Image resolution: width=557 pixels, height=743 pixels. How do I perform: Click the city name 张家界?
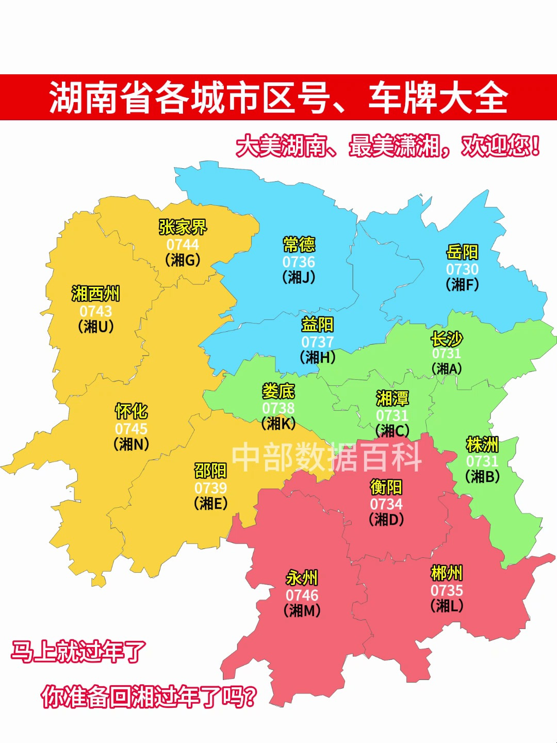pos(183,227)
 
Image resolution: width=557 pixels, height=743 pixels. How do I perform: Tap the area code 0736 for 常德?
pos(299,262)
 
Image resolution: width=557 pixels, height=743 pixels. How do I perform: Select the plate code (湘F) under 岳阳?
pos(462,284)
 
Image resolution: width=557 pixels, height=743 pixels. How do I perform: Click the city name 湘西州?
pos(95,294)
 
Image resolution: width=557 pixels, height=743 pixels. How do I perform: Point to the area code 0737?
pos(317,342)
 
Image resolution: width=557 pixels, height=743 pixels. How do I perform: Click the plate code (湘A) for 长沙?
pos(447,368)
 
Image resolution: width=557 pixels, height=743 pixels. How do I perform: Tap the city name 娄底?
pos(278,391)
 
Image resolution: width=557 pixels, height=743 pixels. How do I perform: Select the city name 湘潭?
pos(392,398)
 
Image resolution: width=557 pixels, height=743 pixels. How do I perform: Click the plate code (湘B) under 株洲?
pos(482,476)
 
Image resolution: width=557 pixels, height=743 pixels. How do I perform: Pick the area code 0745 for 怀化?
pos(131,428)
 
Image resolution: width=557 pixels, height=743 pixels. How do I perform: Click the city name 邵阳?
pos(210,471)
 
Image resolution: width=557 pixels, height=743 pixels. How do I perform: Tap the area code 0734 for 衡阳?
pos(386,504)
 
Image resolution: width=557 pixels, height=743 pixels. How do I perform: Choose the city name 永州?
pos(302,578)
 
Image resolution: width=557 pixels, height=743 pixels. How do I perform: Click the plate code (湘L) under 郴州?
pos(447,605)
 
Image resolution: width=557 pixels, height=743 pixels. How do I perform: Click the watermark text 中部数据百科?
pos(327,457)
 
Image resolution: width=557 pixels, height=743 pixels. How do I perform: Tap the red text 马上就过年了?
pos(79,652)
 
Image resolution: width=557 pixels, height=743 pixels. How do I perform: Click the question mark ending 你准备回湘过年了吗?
pos(249,697)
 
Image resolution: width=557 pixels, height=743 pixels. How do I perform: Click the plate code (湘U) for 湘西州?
pos(96,327)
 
